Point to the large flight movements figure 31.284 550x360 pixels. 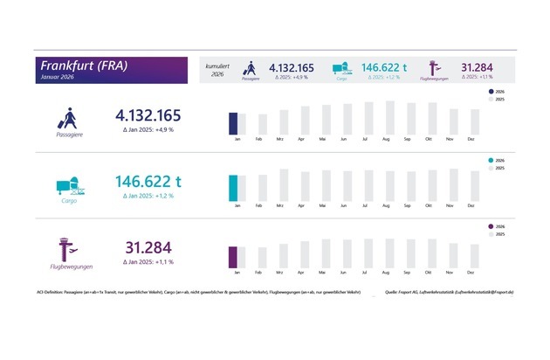(149, 247)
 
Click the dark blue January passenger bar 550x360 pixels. (233, 124)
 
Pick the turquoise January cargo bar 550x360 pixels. (233, 187)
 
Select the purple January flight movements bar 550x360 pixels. (233, 257)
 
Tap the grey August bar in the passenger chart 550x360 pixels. (387, 119)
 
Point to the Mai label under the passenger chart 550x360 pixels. (323, 140)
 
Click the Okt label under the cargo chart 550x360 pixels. (429, 206)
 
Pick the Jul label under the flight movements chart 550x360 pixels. (366, 273)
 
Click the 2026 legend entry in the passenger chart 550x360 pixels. (497, 92)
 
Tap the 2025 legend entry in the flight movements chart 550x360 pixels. (497, 235)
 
